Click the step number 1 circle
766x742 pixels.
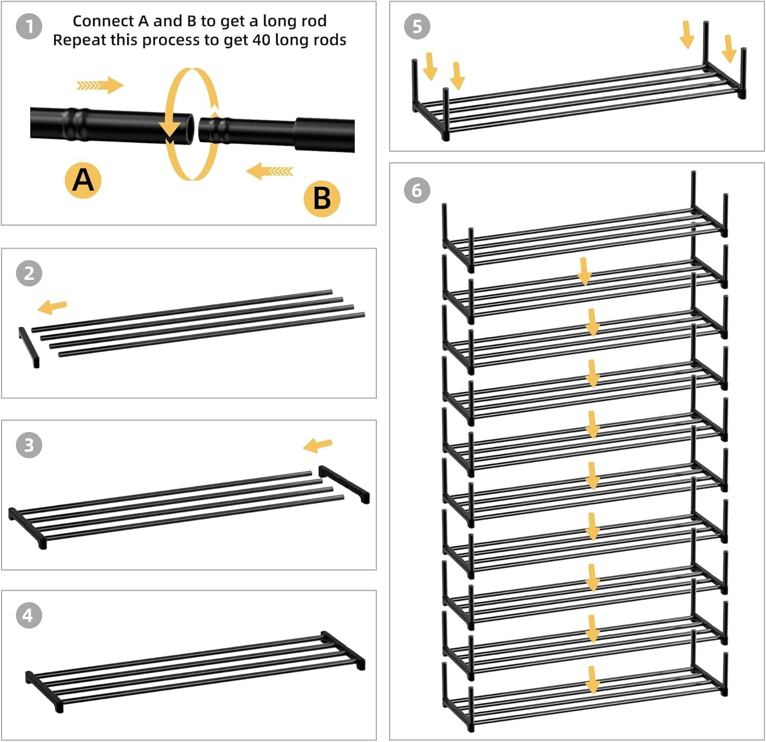[30, 26]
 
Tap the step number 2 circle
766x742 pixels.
[29, 273]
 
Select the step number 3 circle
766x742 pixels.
[29, 445]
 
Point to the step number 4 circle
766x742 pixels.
[29, 615]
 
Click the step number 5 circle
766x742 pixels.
[417, 27]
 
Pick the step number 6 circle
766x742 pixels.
[417, 190]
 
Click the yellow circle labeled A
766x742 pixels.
[83, 180]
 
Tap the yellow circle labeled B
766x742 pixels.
[322, 198]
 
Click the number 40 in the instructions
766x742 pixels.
[261, 40]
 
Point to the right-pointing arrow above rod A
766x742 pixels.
[100, 85]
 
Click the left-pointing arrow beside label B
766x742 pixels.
[270, 171]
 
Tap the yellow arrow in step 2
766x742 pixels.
[53, 307]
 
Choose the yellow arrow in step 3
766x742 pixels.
[318, 445]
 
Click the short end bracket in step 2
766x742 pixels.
[29, 347]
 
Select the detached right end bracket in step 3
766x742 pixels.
[344, 484]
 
